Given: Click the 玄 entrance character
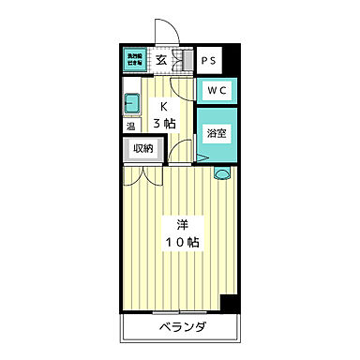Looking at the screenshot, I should coord(161,61).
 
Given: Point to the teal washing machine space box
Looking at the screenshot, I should coord(135,59).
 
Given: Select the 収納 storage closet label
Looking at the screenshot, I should coord(143,148).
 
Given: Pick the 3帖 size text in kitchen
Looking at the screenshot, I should coord(164,123).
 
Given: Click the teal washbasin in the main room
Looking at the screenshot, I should coord(222,172).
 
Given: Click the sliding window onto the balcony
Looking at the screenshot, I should coord(178,311).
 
